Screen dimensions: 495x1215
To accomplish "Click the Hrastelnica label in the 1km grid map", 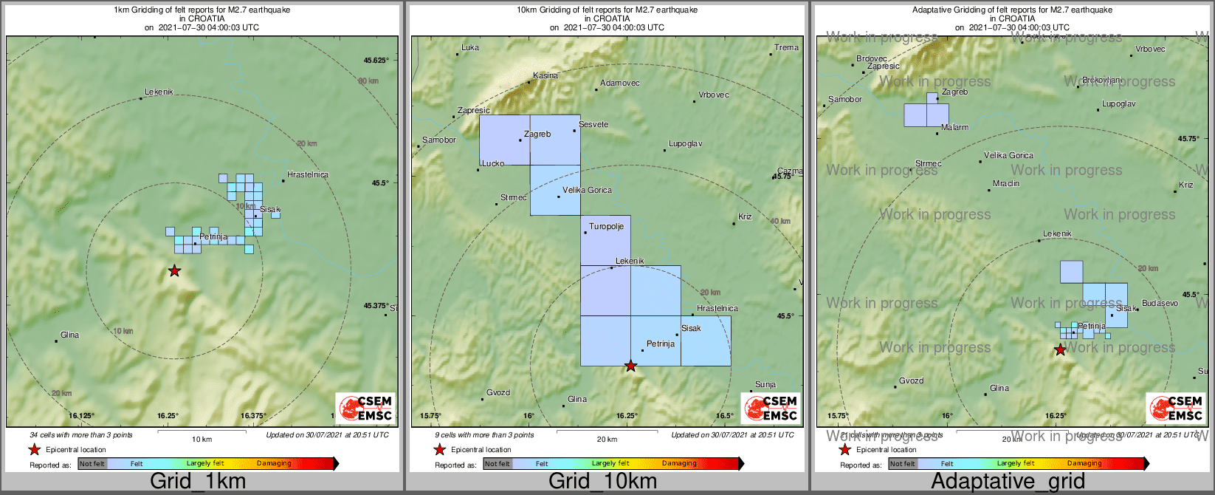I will pos(308,175).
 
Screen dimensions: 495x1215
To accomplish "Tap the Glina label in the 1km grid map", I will pos(69,335).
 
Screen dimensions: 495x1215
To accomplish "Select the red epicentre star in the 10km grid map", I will pos(630,366).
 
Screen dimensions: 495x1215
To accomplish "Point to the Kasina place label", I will pos(545,76).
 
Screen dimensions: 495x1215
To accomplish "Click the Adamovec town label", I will pos(620,83).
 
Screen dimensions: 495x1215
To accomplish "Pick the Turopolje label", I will pos(606,227).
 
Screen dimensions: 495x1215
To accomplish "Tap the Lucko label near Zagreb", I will pos(493,164).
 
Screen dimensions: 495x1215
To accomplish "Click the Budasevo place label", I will pos(1160,304).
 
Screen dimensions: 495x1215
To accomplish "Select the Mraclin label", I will pos(1006,184).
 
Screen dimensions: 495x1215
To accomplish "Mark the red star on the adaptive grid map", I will pos(1060,349).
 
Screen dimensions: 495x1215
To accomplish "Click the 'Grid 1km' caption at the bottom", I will pos(198,482).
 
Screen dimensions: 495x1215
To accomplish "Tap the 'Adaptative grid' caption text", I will pos(1008,482).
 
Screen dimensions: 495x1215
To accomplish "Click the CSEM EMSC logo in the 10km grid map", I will pos(771,408).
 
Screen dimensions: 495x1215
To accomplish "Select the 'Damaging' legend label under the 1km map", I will pos(274,464).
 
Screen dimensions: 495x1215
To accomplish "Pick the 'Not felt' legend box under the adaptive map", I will pos(902,464).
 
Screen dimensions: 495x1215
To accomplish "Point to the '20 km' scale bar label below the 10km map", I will pos(607,440).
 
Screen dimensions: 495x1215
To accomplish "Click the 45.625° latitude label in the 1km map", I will pos(376,61).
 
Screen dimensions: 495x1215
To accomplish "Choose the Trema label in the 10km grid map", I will pos(786,48).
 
